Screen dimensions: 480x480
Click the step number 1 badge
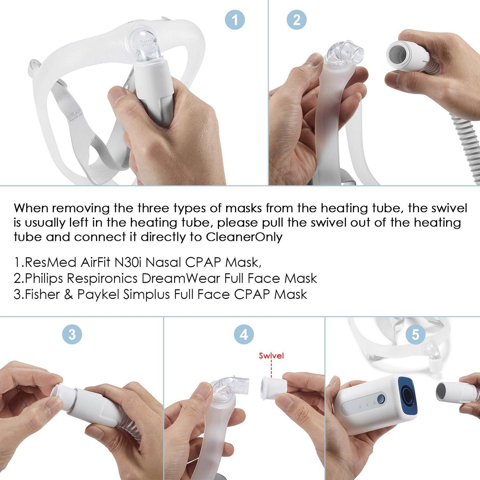pyautogui.click(x=235, y=20)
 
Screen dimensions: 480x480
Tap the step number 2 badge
pyautogui.click(x=296, y=20)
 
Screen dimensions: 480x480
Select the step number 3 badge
pyautogui.click(x=72, y=334)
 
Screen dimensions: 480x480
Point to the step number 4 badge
pyautogui.click(x=244, y=334)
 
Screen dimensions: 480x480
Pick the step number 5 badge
pyautogui.click(x=416, y=334)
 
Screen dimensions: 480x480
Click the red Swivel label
pyautogui.click(x=271, y=356)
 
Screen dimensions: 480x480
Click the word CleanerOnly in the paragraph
pyautogui.click(x=244, y=237)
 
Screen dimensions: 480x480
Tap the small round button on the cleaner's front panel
pyautogui.click(x=381, y=398)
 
